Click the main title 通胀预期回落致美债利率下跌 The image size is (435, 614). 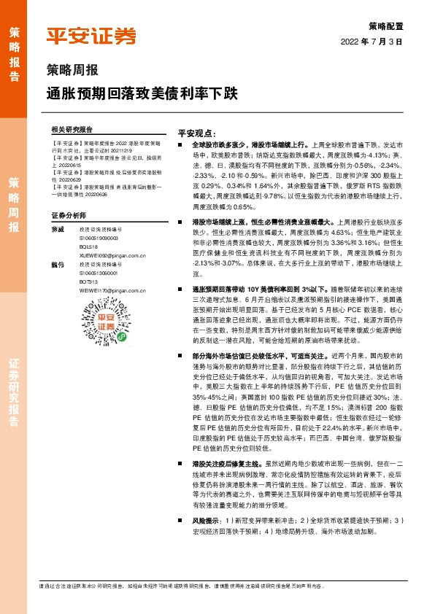140,94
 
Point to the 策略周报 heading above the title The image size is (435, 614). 67,73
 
